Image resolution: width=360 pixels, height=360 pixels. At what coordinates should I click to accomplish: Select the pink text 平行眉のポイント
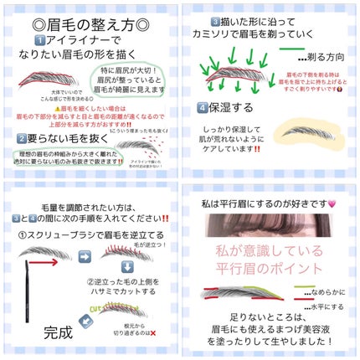tap(267, 268)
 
